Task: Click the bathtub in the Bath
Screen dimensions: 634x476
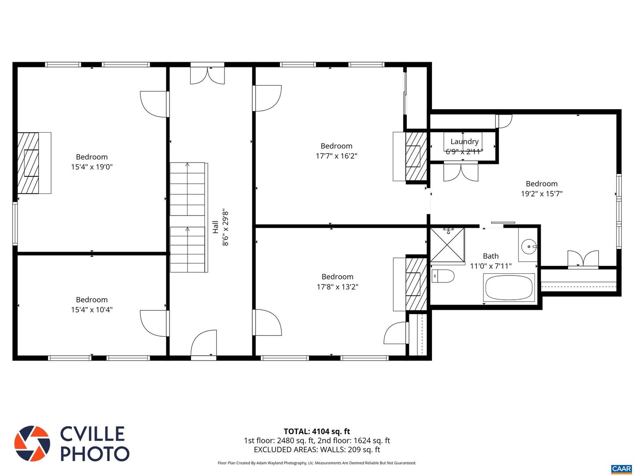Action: click(x=509, y=287)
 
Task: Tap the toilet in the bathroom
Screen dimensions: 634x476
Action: click(x=443, y=276)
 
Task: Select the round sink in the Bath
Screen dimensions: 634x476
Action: click(x=529, y=246)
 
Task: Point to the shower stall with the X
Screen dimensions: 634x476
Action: click(x=447, y=245)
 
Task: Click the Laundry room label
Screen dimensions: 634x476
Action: click(x=464, y=141)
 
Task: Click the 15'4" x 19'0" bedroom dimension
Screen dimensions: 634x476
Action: click(x=92, y=167)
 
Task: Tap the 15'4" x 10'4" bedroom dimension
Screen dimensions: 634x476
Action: click(x=92, y=309)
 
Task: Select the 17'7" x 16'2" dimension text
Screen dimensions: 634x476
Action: click(x=336, y=156)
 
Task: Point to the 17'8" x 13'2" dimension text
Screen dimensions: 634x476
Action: click(x=337, y=286)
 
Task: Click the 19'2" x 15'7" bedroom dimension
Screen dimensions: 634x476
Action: click(x=542, y=193)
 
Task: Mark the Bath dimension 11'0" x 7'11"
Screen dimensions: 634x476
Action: click(x=491, y=266)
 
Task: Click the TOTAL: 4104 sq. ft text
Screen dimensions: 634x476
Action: click(x=317, y=431)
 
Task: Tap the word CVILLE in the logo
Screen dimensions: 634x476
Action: click(x=92, y=434)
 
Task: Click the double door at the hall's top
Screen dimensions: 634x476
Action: click(x=207, y=75)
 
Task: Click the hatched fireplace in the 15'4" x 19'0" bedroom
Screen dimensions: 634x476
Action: click(x=28, y=163)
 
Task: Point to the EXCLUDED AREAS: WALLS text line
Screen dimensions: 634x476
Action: click(x=317, y=450)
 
